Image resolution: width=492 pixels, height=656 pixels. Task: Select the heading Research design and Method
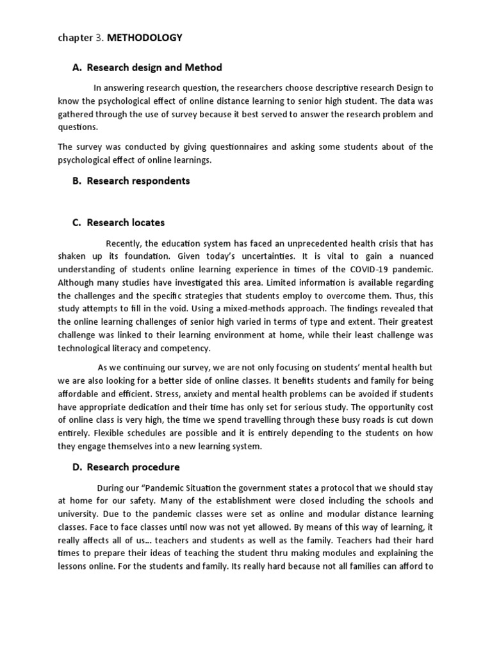coord(154,67)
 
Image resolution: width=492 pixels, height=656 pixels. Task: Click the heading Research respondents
coord(138,181)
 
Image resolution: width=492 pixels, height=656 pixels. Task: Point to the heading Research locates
coord(126,223)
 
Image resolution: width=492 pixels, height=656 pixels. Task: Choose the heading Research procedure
coord(133,466)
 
